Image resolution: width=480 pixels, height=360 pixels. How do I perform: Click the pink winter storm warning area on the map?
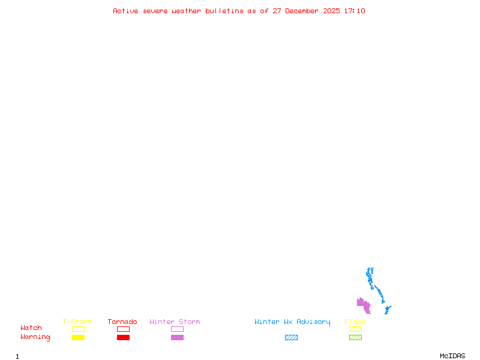point(362,304)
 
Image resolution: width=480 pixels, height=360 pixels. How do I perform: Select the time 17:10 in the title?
point(355,11)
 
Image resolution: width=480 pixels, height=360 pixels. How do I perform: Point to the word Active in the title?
point(126,11)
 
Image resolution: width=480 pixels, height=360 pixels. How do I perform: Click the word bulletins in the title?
point(224,11)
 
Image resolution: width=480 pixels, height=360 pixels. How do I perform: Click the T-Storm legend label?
point(77,322)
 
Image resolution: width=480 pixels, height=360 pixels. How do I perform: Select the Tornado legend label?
point(122,322)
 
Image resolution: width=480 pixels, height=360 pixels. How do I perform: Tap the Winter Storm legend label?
point(175,322)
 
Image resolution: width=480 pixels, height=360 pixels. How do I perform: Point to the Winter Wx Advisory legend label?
point(292,322)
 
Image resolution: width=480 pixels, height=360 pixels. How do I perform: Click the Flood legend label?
point(355,322)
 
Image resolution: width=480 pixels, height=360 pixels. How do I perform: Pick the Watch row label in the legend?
point(31,328)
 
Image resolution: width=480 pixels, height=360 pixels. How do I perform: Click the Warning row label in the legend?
point(35,337)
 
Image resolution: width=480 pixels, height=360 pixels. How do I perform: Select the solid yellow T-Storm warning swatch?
point(78,338)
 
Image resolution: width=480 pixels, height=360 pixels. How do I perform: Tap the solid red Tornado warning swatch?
point(123,338)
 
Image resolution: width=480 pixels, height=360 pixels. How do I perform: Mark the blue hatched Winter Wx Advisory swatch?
point(291,338)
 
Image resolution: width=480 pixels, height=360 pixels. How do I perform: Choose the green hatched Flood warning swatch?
point(355,338)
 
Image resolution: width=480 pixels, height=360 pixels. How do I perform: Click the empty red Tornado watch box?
point(123,329)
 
